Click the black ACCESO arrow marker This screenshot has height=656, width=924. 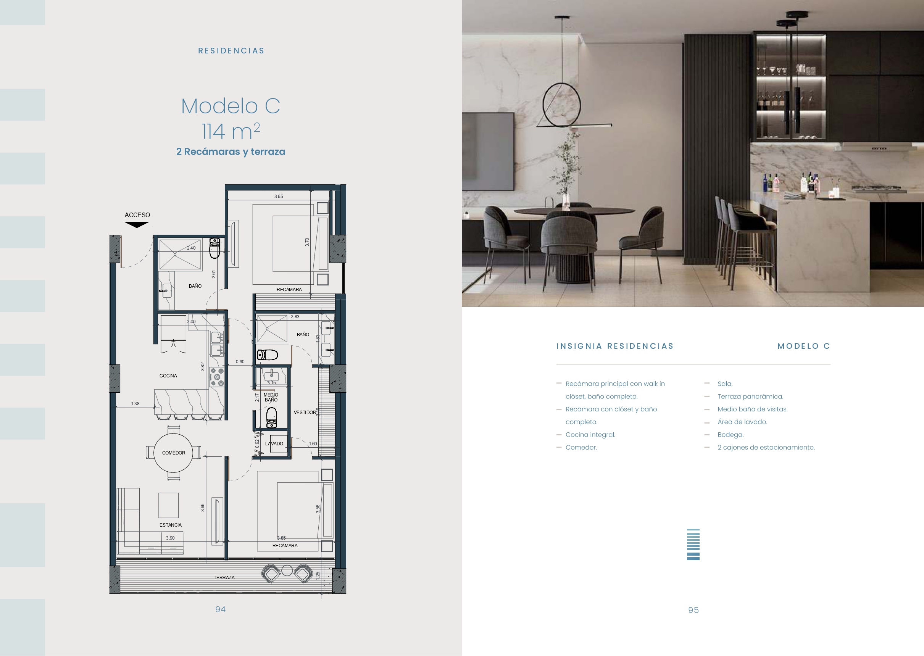[137, 225]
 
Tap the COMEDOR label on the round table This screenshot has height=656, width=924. [174, 453]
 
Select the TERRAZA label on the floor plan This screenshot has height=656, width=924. [224, 578]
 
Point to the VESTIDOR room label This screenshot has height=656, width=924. [305, 413]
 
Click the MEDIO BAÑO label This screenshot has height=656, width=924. [271, 398]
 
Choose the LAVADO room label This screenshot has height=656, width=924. [274, 443]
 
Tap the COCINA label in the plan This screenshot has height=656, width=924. [168, 376]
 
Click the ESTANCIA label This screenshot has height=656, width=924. [171, 525]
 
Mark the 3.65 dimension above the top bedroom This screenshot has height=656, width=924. [279, 197]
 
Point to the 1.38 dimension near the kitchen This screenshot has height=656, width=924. [135, 403]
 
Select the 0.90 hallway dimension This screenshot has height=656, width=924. [240, 362]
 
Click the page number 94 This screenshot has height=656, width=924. [221, 609]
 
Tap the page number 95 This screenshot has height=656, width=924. [693, 610]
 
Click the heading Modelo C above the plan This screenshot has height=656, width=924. [231, 106]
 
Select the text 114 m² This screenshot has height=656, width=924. [231, 131]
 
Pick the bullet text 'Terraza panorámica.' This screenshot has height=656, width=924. [750, 397]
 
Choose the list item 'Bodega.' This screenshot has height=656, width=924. [730, 435]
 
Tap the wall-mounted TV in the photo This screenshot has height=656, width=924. [488, 152]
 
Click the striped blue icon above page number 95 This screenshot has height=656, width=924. [693, 545]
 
